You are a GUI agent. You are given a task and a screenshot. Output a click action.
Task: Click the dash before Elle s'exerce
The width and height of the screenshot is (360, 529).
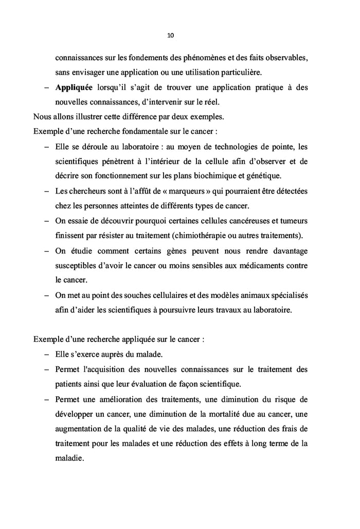(x=47, y=355)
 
